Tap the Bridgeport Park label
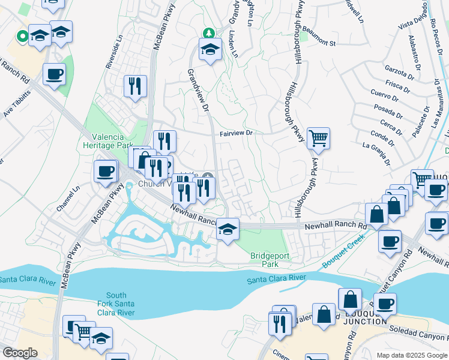270,260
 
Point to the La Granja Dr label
376,154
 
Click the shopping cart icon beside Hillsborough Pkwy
318,139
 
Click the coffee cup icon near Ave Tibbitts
55,74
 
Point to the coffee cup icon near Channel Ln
105,170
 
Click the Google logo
20,353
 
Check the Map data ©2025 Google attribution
411,355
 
